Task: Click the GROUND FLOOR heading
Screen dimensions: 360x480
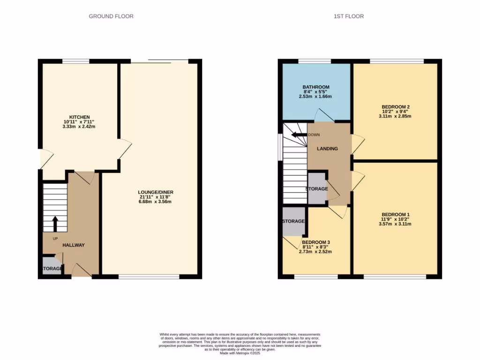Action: (x=111, y=16)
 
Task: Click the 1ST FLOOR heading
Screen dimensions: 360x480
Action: (x=348, y=16)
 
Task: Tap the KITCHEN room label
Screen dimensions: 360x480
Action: (x=79, y=117)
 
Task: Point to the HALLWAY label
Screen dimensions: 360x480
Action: (x=74, y=245)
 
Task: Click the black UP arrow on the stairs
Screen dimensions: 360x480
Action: (x=55, y=224)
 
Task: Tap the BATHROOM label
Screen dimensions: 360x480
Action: (x=315, y=87)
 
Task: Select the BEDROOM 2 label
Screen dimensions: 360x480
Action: (x=396, y=107)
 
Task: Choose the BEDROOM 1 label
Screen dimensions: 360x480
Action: (x=396, y=213)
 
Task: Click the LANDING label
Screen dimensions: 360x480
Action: (x=327, y=149)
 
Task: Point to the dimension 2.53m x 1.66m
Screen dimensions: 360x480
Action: (x=315, y=97)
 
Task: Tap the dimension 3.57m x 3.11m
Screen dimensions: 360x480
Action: (x=396, y=224)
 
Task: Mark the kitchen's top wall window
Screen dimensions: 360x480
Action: (x=76, y=61)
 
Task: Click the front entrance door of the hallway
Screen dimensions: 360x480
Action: (x=82, y=271)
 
